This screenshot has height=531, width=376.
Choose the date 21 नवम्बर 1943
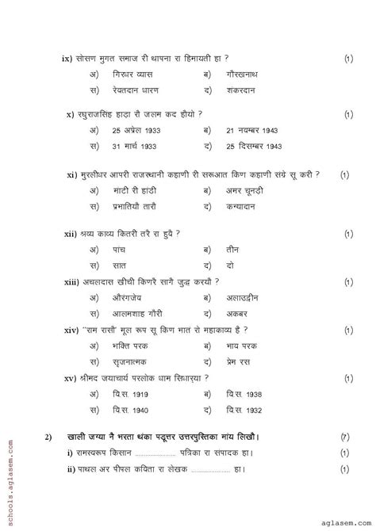point(254,129)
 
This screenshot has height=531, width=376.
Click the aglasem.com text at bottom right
point(340,520)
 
